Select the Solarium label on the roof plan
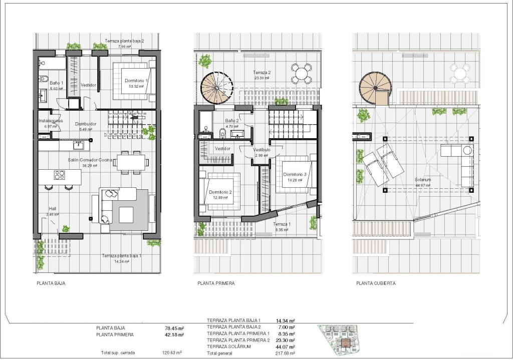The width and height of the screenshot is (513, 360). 423,180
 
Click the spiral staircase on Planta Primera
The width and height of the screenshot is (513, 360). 217,88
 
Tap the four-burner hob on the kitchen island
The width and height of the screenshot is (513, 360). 60,175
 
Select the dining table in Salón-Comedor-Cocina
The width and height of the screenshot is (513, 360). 130,162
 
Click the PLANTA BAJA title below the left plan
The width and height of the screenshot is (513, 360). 51,283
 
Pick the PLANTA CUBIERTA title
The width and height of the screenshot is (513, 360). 376,283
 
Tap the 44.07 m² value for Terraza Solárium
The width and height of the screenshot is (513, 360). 285,346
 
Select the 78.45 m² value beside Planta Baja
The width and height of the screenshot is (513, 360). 174,328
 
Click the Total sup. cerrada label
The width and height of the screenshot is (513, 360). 118,352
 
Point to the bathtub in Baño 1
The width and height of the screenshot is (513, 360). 52,64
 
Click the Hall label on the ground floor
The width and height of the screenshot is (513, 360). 53,209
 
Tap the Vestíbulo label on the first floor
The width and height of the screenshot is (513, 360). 262,150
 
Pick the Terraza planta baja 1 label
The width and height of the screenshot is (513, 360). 122,255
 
